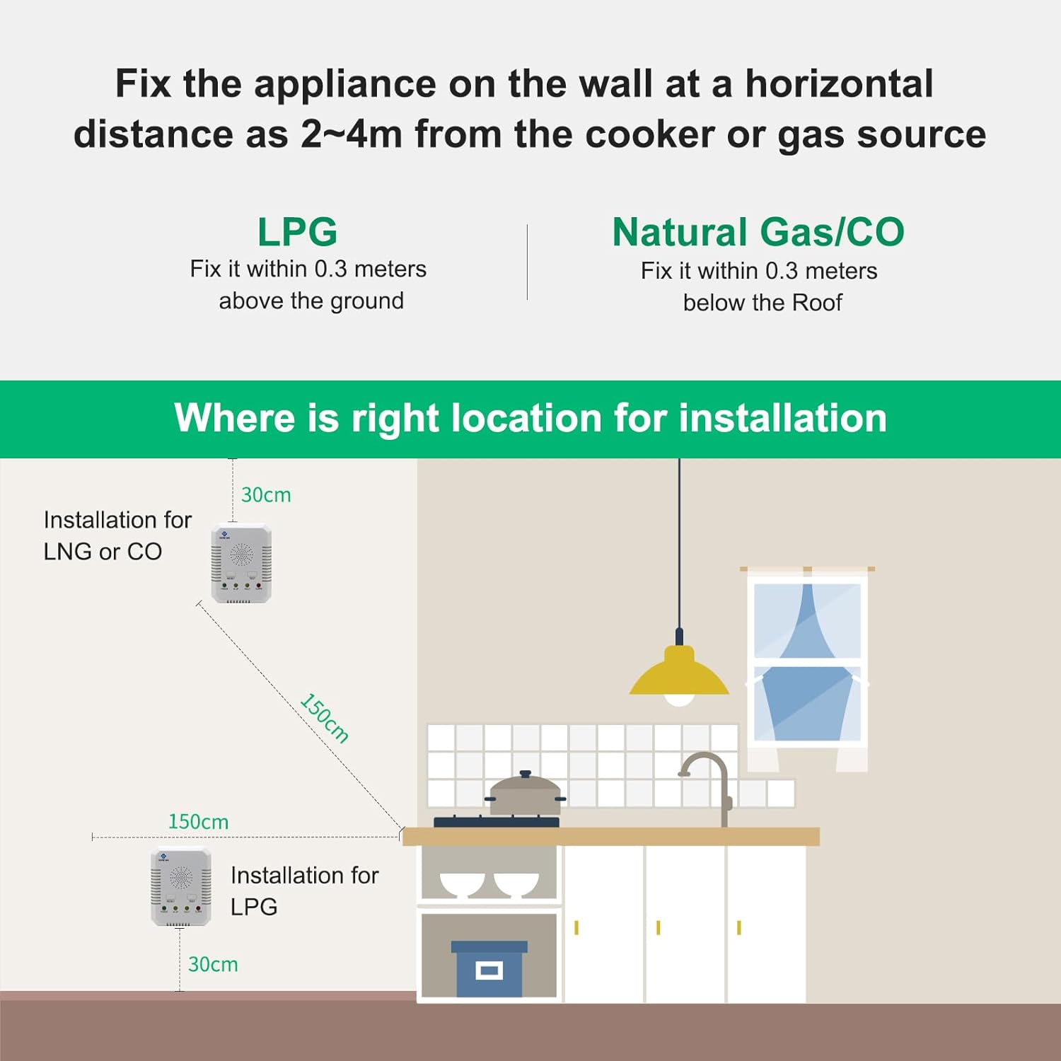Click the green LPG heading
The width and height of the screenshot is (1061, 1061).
297,232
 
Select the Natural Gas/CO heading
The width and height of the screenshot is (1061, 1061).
758,232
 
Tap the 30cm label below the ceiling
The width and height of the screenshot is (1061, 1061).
266,494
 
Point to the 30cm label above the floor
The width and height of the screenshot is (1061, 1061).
213,964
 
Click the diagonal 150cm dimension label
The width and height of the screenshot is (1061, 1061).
325,718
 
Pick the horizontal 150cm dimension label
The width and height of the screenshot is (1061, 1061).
198,821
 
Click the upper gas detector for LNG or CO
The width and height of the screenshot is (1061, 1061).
241,563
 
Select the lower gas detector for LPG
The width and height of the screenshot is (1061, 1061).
180,887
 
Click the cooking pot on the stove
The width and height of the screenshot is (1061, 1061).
526,794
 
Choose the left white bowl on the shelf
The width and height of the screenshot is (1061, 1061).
461,883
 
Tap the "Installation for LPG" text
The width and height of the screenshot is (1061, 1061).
304,891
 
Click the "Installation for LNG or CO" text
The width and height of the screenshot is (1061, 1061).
117,535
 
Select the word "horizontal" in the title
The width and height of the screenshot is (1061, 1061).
839,83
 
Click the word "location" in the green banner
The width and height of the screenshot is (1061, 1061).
526,418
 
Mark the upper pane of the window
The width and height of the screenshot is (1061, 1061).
807,620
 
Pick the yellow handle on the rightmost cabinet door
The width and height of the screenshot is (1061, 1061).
739,927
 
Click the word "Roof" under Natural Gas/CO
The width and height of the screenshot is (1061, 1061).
817,303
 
